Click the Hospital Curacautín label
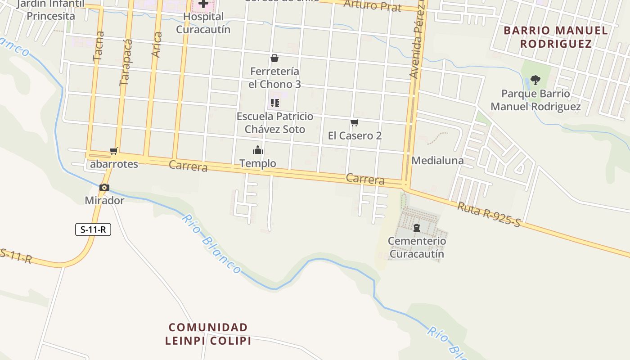(203, 23)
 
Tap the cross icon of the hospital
(203, 4)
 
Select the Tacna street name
(98, 46)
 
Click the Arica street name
(156, 45)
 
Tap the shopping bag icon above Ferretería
(274, 58)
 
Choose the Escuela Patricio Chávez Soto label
(274, 122)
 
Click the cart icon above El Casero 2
(355, 122)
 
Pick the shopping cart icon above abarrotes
(114, 151)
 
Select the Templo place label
(258, 163)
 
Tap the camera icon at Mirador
(104, 188)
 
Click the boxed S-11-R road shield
(93, 229)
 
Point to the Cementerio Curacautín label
(417, 247)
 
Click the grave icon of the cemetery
(416, 228)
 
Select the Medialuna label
(437, 161)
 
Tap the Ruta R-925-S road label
(489, 214)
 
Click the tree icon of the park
(535, 80)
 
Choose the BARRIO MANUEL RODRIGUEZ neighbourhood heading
(556, 37)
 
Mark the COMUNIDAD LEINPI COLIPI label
(208, 333)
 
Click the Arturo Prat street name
(373, 5)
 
